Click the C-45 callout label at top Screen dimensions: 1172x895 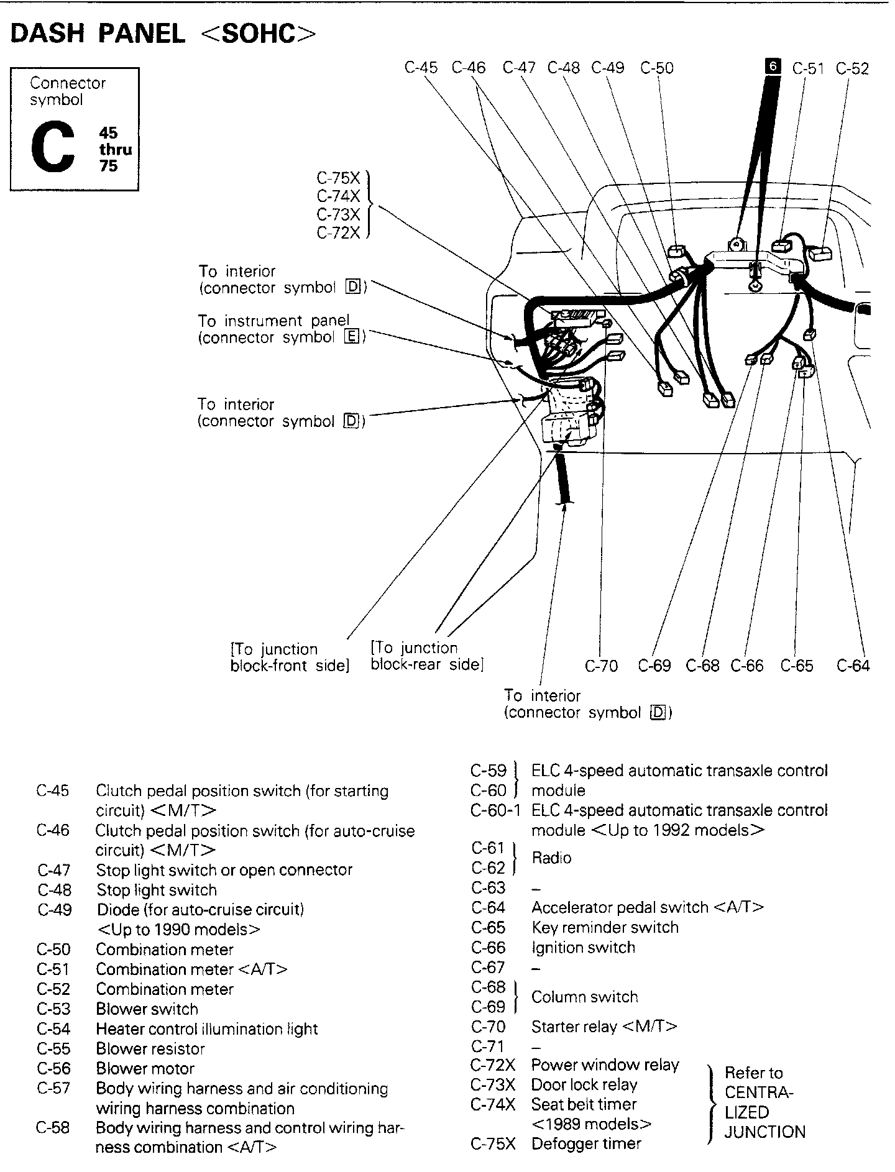tap(421, 68)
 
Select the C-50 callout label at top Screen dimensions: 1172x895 tap(656, 68)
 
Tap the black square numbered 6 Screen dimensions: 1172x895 tap(773, 66)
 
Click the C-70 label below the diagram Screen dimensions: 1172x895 tap(601, 666)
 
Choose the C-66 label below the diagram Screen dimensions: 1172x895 tap(746, 666)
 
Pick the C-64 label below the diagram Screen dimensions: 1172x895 tap(853, 666)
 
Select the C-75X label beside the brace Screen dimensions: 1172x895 tap(338, 178)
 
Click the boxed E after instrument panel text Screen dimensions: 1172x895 tap(351, 337)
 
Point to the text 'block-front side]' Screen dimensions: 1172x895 tap(290, 666)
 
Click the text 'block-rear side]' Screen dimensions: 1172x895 tap(426, 664)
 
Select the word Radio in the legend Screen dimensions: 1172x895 tap(551, 858)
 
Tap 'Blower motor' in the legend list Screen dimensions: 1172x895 tap(145, 1069)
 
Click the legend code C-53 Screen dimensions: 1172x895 tap(53, 1009)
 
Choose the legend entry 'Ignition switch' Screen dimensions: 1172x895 tap(583, 948)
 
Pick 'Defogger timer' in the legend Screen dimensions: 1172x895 tap(586, 1144)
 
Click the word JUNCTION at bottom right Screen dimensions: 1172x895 tap(764, 1132)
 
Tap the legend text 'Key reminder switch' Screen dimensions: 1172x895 tap(605, 928)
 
